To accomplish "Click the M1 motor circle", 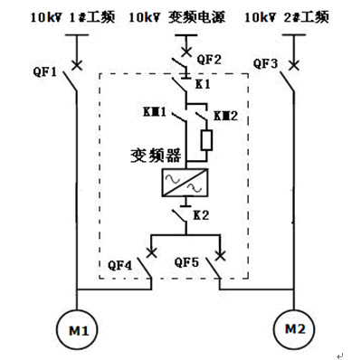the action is pos(57,330).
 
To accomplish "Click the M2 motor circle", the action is pos(273,329).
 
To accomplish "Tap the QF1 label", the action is pos(45,72).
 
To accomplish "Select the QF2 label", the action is pos(209,60).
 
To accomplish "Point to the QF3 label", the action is pos(265,64).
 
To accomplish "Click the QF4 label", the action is pos(120,265).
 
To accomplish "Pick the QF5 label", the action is pos(186,262).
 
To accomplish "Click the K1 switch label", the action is pos(203,84).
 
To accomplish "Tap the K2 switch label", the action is pos(201,215).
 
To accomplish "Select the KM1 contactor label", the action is pos(155,112).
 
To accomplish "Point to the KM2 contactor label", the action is pos(226,116).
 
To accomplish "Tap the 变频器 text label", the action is pos(156,156).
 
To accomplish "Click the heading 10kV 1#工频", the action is pos(72,17).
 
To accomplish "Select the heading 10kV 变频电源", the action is pos(177,17).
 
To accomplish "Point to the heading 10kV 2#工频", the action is pos(287,17).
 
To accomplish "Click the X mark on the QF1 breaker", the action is pos(77,65).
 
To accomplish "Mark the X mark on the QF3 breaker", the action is pos(293,65).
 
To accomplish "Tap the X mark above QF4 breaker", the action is pos(151,252).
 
